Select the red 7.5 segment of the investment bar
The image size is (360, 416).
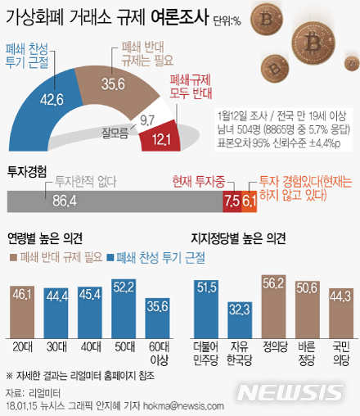tap(231, 199)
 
